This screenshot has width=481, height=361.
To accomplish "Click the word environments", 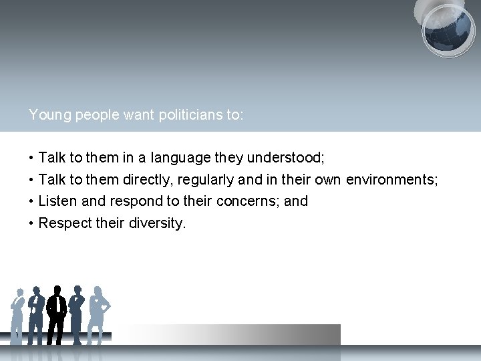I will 391,179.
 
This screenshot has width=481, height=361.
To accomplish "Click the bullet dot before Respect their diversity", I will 31,223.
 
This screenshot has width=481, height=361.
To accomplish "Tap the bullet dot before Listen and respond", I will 31,201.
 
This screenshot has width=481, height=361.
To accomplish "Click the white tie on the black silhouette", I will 57,305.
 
